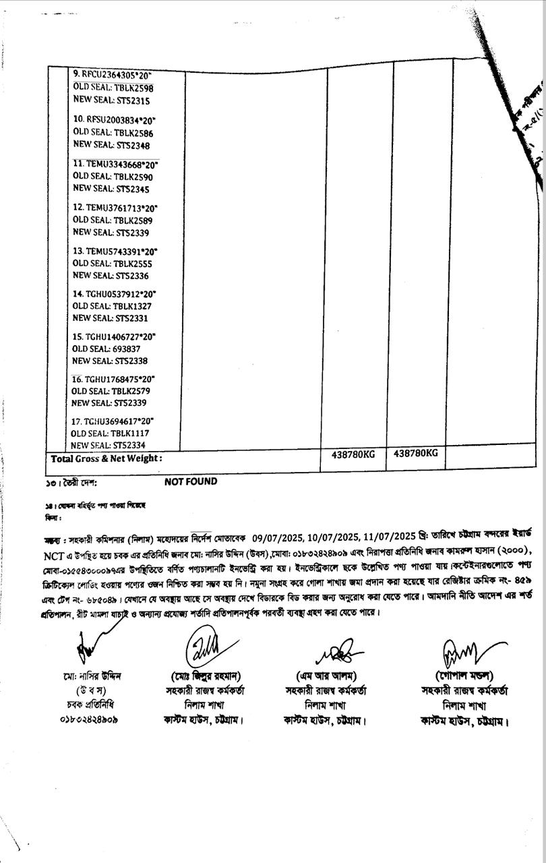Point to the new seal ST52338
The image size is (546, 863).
(131, 361)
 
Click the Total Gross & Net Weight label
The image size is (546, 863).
(107, 458)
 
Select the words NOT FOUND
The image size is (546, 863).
(191, 481)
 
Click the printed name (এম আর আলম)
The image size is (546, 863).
(326, 676)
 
